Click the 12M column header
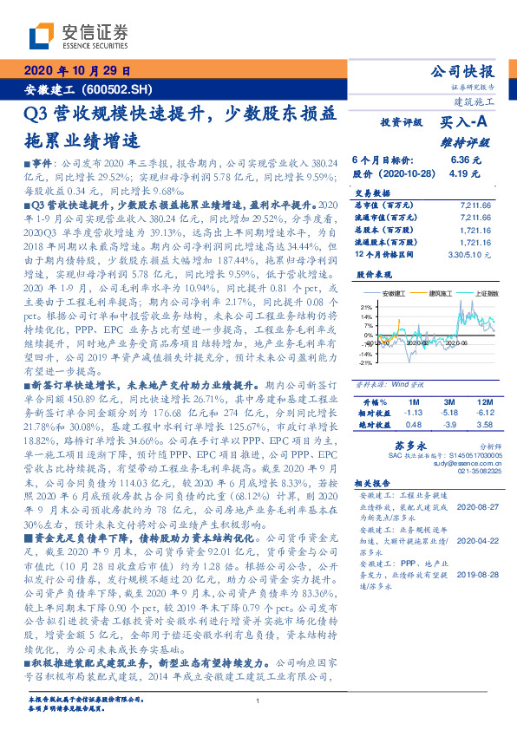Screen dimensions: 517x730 click(x=487, y=402)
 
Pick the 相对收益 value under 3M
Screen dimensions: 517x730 click(x=448, y=414)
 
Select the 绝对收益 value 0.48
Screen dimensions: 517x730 click(x=414, y=425)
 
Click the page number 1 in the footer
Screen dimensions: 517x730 click(x=258, y=701)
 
